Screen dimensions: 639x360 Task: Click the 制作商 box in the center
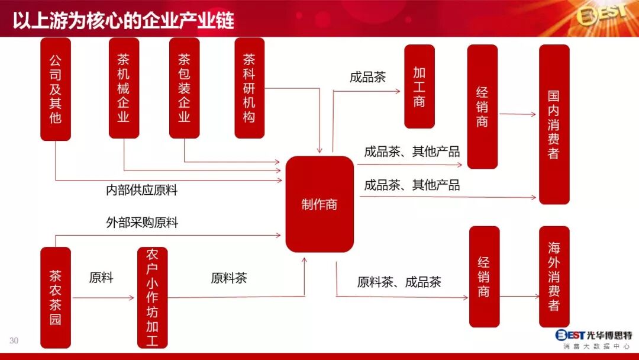click(319, 204)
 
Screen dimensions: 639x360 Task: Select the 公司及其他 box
click(56, 89)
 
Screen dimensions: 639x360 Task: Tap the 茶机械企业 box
click(124, 88)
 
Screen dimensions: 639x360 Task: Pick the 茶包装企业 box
click(184, 88)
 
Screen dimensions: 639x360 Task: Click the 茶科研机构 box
click(249, 88)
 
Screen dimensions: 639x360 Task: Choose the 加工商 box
click(419, 86)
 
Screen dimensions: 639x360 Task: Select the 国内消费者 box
click(554, 124)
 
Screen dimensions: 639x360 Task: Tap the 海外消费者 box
click(554, 277)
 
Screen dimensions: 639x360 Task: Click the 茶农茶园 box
click(56, 297)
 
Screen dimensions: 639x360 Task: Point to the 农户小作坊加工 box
click(152, 297)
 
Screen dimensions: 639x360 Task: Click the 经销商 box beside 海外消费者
click(484, 277)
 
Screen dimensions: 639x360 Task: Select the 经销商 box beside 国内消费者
click(482, 107)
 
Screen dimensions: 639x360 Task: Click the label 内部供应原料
click(142, 190)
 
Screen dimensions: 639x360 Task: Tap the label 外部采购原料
click(142, 223)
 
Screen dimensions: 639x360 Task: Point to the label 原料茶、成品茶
click(399, 282)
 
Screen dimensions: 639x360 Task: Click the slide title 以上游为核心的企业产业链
click(124, 20)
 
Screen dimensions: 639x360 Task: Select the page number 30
click(14, 340)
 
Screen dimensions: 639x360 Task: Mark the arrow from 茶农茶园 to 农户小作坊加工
click(104, 297)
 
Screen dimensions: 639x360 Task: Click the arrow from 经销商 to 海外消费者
click(519, 297)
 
